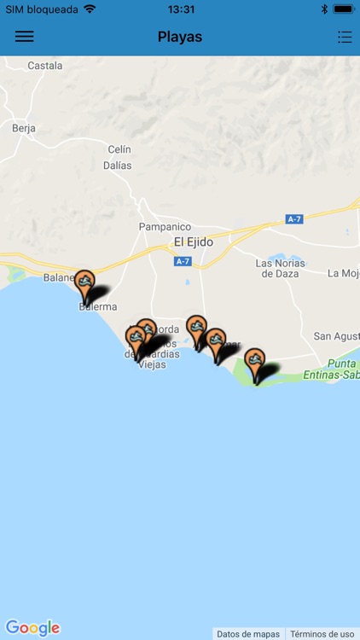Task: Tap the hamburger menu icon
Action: tap(25, 37)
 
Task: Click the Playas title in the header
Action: tap(180, 37)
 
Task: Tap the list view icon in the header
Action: tap(344, 37)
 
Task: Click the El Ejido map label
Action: tap(194, 242)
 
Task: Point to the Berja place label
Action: tap(24, 128)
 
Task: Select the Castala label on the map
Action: tap(44, 66)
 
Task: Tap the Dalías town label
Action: tap(118, 166)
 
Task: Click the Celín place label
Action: tap(119, 149)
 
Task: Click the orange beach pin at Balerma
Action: tap(84, 282)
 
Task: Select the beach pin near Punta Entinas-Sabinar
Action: tap(254, 361)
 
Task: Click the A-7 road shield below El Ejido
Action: tap(183, 261)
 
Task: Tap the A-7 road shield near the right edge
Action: tap(294, 219)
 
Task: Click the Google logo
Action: tap(32, 628)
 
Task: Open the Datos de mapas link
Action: tap(248, 634)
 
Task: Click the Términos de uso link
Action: tap(322, 634)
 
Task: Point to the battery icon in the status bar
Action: tap(344, 9)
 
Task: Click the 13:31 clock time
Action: tap(180, 9)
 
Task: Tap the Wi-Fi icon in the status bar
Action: tap(90, 9)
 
